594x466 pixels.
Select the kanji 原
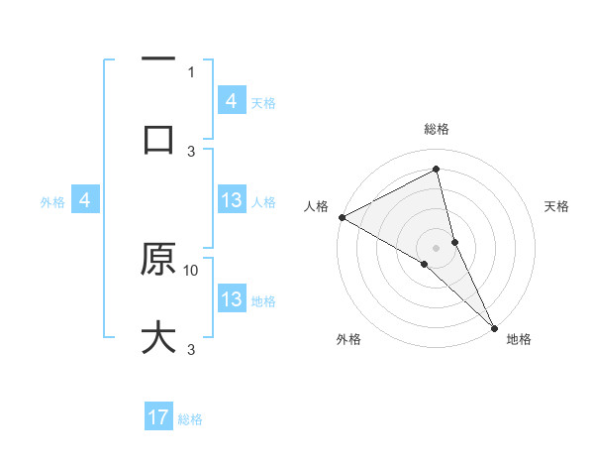click(x=158, y=260)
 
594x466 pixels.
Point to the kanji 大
click(x=158, y=336)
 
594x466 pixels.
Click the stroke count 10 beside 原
click(x=191, y=269)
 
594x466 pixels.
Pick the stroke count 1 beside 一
click(x=191, y=71)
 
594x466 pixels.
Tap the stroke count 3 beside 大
click(x=191, y=349)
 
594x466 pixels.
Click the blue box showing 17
click(x=158, y=418)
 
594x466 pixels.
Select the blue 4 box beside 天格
click(x=232, y=100)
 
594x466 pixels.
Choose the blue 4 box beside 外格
click(x=85, y=200)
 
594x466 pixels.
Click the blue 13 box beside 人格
click(x=232, y=200)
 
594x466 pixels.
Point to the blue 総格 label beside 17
click(x=190, y=419)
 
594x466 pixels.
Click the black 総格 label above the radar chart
click(x=437, y=129)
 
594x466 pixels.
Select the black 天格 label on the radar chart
click(x=557, y=206)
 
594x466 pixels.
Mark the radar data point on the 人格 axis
click(x=342, y=217)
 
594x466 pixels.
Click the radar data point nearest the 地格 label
click(x=494, y=327)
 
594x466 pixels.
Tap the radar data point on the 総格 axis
click(x=437, y=171)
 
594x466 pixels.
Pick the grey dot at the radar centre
click(x=437, y=247)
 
